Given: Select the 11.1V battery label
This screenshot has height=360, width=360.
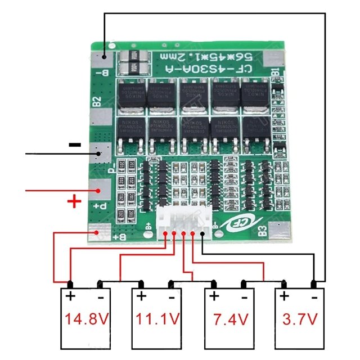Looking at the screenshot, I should [x=157, y=319].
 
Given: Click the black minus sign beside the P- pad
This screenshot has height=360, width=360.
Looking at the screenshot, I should [x=74, y=145].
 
